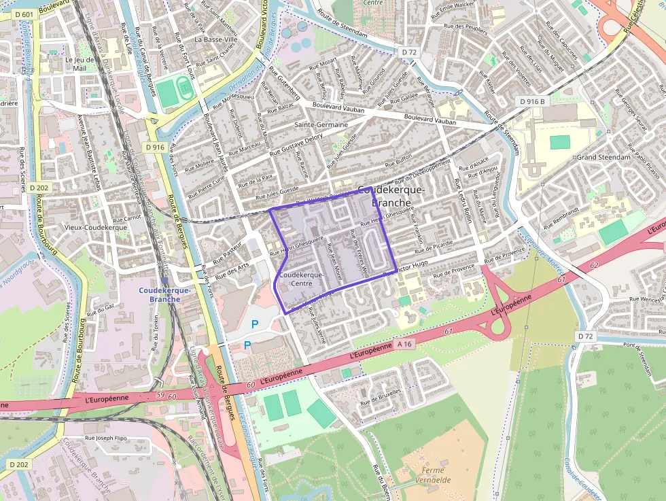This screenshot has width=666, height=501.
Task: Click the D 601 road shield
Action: [22, 15]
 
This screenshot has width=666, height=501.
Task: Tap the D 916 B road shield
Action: [532, 101]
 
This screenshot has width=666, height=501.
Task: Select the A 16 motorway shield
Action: [405, 344]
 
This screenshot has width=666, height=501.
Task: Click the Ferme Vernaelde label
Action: [432, 474]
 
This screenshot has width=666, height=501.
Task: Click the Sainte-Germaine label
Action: [321, 125]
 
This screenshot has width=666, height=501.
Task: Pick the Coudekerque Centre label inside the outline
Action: [300, 279]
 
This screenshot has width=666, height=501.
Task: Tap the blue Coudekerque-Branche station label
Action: [164, 294]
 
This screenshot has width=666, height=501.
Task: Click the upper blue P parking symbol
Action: [255, 325]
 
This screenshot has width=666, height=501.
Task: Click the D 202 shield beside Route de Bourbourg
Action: [39, 188]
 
